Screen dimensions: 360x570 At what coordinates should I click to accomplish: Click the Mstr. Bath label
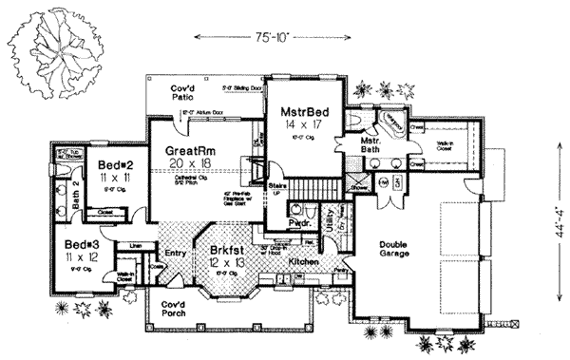tap(370, 146)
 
